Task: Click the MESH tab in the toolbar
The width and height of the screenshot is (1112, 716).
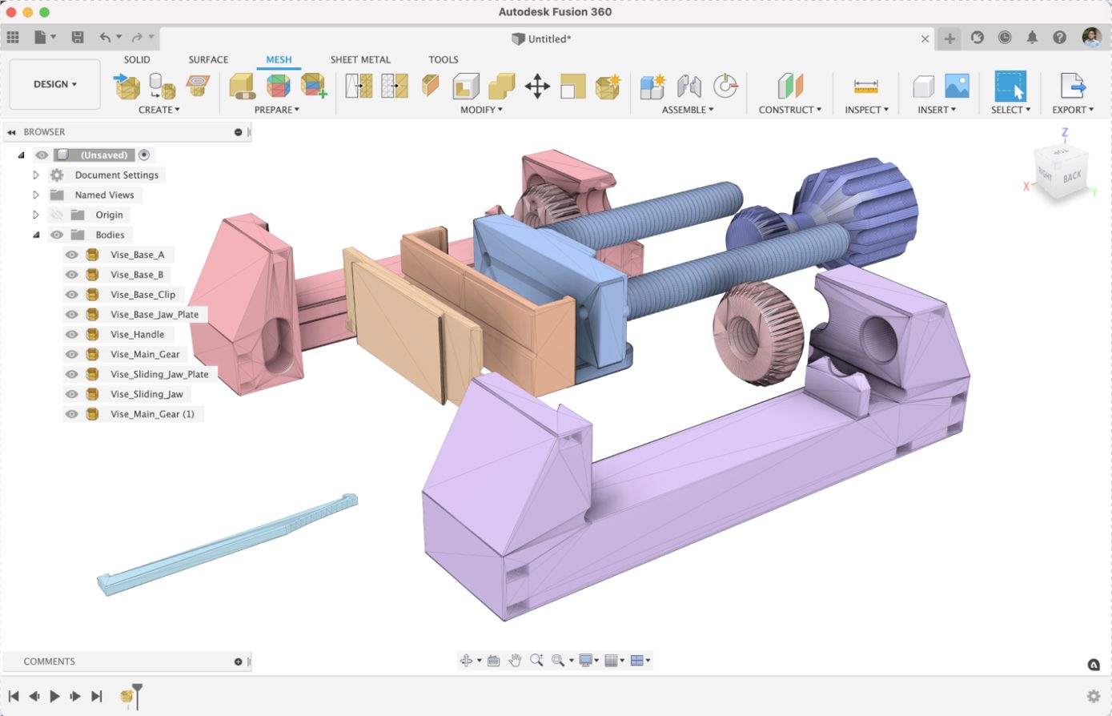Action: (x=279, y=60)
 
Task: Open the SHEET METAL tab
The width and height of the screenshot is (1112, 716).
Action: (x=360, y=60)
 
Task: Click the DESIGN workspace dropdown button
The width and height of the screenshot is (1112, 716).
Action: (x=55, y=84)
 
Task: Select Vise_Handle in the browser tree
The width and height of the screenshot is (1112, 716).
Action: (x=137, y=335)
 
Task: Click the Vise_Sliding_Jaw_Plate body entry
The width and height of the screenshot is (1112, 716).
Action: (x=159, y=374)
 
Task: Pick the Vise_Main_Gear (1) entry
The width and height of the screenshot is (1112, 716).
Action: (x=152, y=414)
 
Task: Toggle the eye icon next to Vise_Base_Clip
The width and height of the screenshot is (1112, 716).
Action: (x=72, y=295)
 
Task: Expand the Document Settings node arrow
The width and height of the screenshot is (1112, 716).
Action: (x=36, y=175)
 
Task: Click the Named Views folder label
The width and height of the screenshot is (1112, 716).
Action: (x=104, y=195)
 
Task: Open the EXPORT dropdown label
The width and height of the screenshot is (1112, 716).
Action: (x=1072, y=110)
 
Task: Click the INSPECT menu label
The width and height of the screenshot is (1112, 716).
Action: (x=866, y=110)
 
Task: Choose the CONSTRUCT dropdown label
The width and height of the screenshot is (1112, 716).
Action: (x=789, y=110)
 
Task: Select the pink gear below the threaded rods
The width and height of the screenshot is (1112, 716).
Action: (x=757, y=328)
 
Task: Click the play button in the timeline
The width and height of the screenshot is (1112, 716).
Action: (x=54, y=696)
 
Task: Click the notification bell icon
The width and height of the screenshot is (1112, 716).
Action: (x=1033, y=38)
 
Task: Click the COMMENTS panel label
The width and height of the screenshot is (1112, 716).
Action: (x=50, y=662)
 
